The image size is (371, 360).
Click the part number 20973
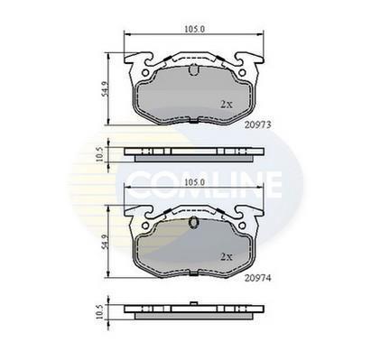tap(258, 125)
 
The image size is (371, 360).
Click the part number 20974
tap(258, 279)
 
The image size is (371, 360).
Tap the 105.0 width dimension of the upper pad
tap(194, 29)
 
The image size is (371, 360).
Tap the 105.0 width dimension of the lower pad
tap(194, 182)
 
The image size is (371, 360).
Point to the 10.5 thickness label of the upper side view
tap(99, 154)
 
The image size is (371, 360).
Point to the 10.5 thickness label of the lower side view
tap(99, 311)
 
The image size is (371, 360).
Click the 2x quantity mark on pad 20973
tap(227, 105)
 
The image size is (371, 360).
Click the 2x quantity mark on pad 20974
tap(227, 257)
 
